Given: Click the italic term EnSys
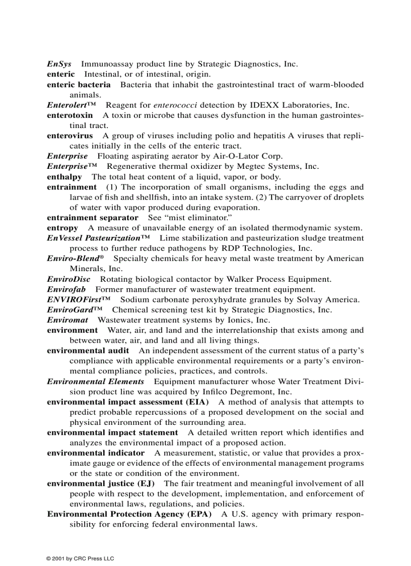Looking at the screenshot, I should pyautogui.click(x=59, y=64).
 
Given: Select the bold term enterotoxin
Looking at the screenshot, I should pyautogui.click(x=70, y=115).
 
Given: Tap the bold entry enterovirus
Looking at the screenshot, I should pyautogui.click(x=70, y=136).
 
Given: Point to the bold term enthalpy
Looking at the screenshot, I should pyautogui.click(x=64, y=177).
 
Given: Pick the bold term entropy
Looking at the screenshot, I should pyautogui.click(x=62, y=228).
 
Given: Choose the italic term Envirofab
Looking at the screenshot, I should pyautogui.click(x=66, y=289).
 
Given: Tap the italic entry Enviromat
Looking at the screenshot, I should pyautogui.click(x=67, y=320).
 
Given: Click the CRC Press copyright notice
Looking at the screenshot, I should pyautogui.click(x=81, y=558).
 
